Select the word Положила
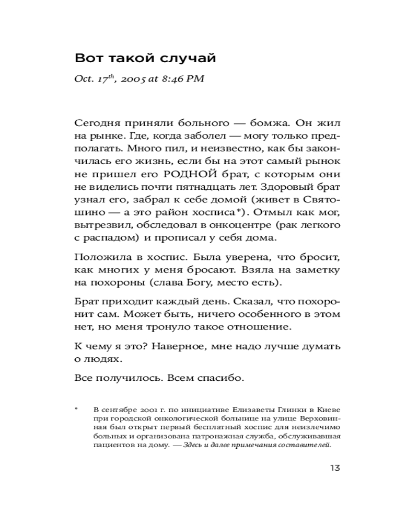point(97,258)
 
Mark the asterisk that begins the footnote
point(77,408)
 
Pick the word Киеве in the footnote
point(330,409)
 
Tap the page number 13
point(335,467)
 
